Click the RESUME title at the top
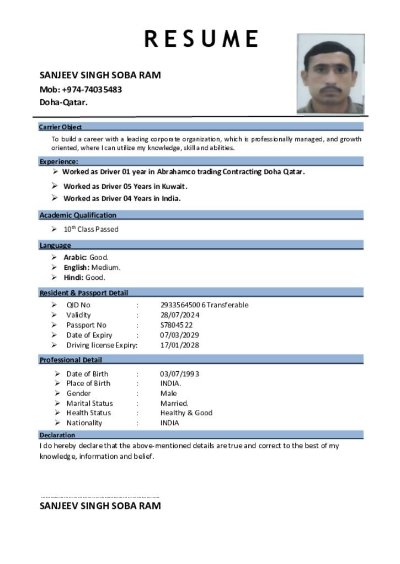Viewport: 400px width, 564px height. click(x=201, y=39)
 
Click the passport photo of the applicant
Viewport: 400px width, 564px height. click(x=330, y=74)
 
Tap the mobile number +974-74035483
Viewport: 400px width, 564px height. click(x=92, y=89)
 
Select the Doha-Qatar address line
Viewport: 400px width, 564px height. click(x=63, y=102)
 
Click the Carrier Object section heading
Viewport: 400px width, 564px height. click(x=61, y=127)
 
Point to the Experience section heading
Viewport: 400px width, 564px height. click(x=58, y=161)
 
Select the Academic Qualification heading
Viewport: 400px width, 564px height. click(x=78, y=215)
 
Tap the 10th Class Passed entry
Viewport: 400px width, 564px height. click(x=90, y=229)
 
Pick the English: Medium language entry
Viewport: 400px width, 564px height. click(x=92, y=267)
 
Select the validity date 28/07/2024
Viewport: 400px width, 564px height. click(x=180, y=315)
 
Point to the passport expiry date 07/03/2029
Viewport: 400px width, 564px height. click(x=180, y=335)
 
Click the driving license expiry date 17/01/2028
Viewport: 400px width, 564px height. click(x=180, y=345)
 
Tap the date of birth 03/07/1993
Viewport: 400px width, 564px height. click(x=180, y=373)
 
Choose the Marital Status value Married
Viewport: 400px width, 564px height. click(x=174, y=403)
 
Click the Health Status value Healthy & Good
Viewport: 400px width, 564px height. click(x=186, y=413)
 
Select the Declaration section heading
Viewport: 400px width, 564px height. click(x=57, y=435)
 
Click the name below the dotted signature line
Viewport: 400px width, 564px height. click(x=100, y=506)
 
